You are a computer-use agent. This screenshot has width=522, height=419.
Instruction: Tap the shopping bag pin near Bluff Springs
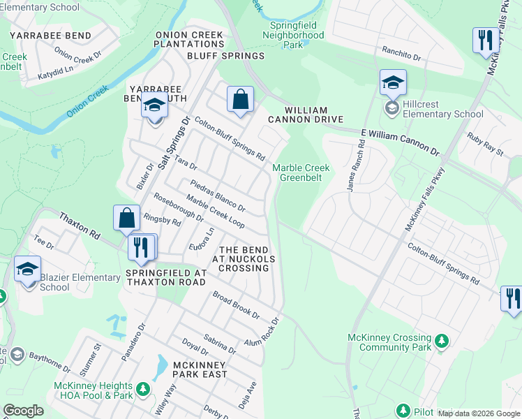pyautogui.click(x=240, y=99)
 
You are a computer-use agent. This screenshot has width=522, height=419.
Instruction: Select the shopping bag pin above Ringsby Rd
pyautogui.click(x=126, y=218)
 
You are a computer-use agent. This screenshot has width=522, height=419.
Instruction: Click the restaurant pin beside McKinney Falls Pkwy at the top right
pyautogui.click(x=483, y=41)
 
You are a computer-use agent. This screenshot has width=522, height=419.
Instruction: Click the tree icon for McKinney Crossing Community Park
pyautogui.click(x=441, y=341)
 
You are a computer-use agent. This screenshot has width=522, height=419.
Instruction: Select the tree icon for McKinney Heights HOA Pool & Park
pyautogui.click(x=142, y=388)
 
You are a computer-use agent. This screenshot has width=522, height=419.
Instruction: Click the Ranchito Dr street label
pyautogui.click(x=401, y=54)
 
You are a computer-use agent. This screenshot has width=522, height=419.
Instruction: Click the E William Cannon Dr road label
pyautogui.click(x=400, y=141)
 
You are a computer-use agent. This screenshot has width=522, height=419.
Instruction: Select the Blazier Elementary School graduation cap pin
pyautogui.click(x=28, y=270)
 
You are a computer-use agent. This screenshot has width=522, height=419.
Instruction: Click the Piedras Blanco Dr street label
pyautogui.click(x=218, y=198)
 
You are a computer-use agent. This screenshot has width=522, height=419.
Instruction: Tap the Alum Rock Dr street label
pyautogui.click(x=262, y=331)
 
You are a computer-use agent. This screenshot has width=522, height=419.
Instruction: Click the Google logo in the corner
pyautogui.click(x=23, y=411)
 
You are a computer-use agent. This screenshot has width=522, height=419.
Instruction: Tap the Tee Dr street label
pyautogui.click(x=43, y=242)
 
